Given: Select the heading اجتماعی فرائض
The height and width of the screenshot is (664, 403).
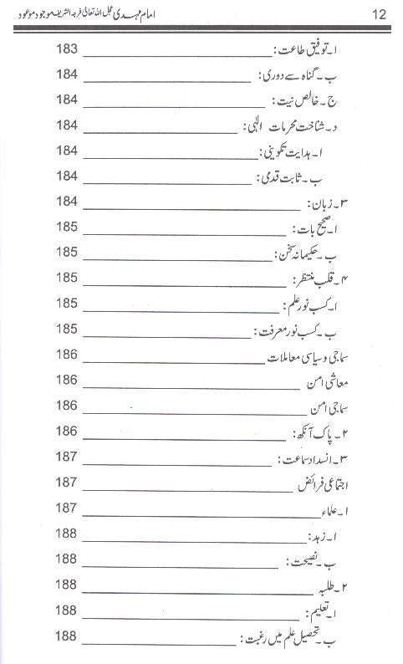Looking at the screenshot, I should coord(332,484).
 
